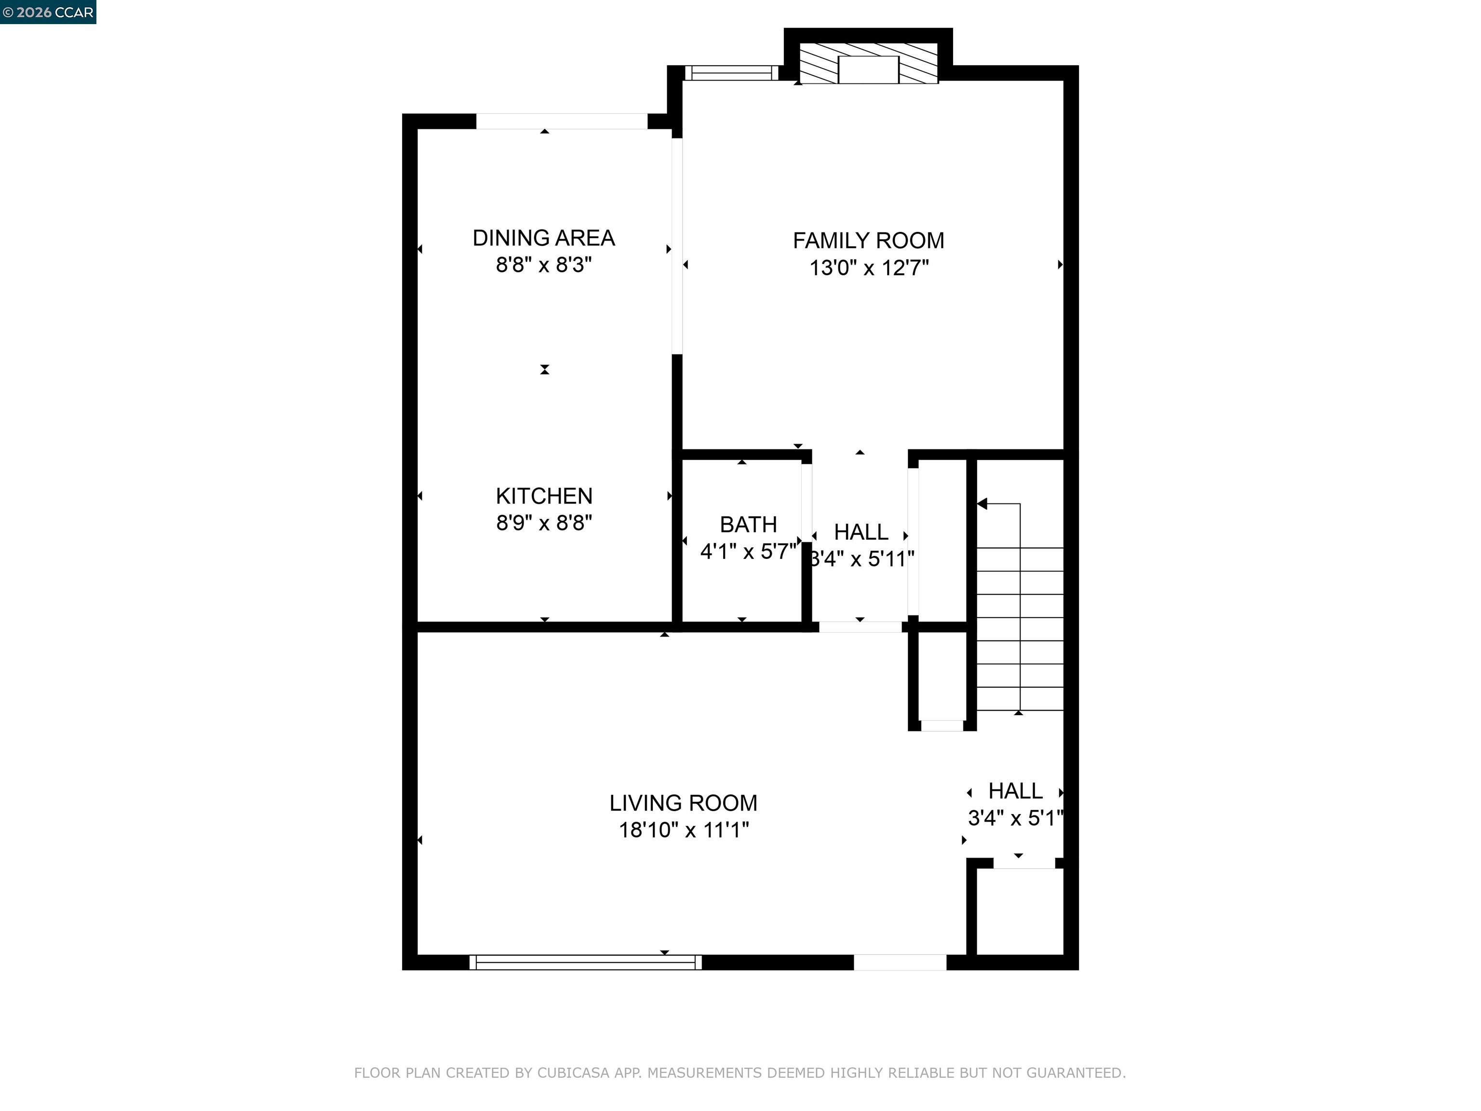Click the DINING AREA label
[x=544, y=238]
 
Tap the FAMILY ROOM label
[x=868, y=241]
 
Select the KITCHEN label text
[x=544, y=496]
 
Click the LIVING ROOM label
[x=684, y=803]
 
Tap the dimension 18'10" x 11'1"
[x=684, y=830]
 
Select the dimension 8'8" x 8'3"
[x=544, y=265]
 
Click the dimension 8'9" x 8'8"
[x=544, y=523]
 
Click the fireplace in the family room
[x=868, y=64]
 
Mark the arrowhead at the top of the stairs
[x=982, y=503]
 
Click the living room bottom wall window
[x=586, y=962]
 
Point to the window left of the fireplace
[x=732, y=73]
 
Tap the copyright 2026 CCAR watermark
[x=48, y=12]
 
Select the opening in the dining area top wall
[x=562, y=121]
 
